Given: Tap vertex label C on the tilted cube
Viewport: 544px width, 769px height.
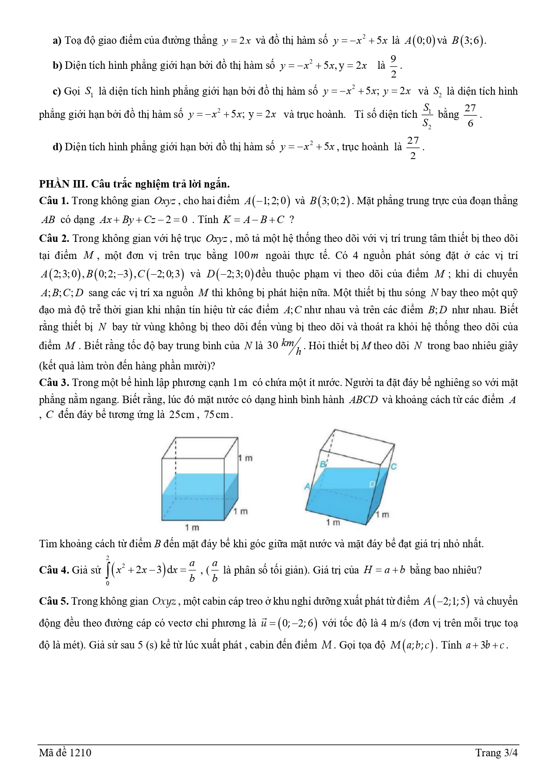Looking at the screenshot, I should (393, 467).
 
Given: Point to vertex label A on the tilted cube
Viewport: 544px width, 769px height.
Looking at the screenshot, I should (307, 486).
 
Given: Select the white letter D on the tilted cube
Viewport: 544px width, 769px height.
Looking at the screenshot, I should (372, 484).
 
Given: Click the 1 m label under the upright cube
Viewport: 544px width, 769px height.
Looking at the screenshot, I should (192, 527).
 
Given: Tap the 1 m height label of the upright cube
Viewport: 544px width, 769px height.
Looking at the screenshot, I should (245, 458).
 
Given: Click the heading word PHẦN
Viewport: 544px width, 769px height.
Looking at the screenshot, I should (53, 184).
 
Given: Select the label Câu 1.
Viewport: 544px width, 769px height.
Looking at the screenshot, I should (53, 201).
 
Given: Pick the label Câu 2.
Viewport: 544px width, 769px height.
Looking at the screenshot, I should (53, 239).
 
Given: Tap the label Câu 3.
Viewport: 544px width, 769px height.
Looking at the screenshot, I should (53, 383).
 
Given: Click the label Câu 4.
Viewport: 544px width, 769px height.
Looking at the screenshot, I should (53, 570).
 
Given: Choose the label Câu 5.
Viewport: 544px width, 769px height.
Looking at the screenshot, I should (53, 601).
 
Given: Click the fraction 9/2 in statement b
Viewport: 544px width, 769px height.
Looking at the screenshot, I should (393, 66).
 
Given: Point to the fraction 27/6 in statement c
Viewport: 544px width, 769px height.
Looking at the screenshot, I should (470, 115).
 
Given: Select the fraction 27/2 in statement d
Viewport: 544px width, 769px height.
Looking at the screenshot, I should (413, 148).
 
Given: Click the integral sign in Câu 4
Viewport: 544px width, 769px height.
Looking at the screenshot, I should (107, 570).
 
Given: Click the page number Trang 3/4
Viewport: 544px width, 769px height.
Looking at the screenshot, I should (497, 753).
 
